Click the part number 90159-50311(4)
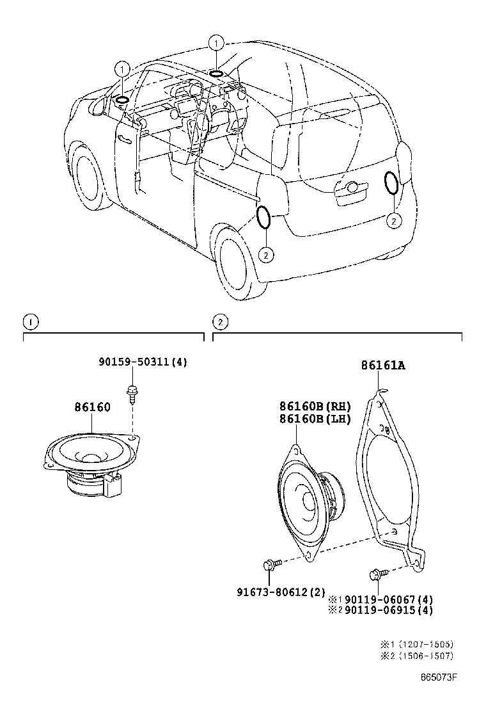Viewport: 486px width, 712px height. point(143,362)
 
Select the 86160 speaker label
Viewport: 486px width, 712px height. point(92,407)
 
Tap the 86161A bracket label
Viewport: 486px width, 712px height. point(383,366)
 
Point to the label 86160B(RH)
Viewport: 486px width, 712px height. point(315,406)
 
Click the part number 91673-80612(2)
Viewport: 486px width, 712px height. point(281,592)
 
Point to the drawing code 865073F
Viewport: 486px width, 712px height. point(441,677)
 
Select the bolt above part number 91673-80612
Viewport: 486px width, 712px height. point(270,565)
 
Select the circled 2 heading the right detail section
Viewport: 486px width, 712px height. point(219,321)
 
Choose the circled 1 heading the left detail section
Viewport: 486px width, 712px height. point(29,321)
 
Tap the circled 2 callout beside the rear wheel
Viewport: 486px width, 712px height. point(265,254)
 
